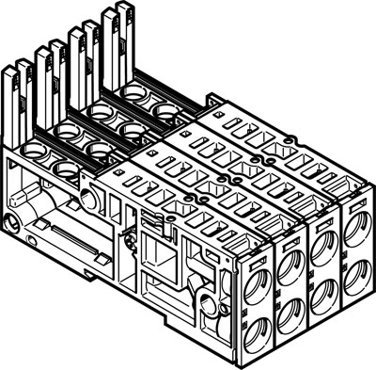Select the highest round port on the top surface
coord(166,112)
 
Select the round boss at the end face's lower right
coord(207,303)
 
